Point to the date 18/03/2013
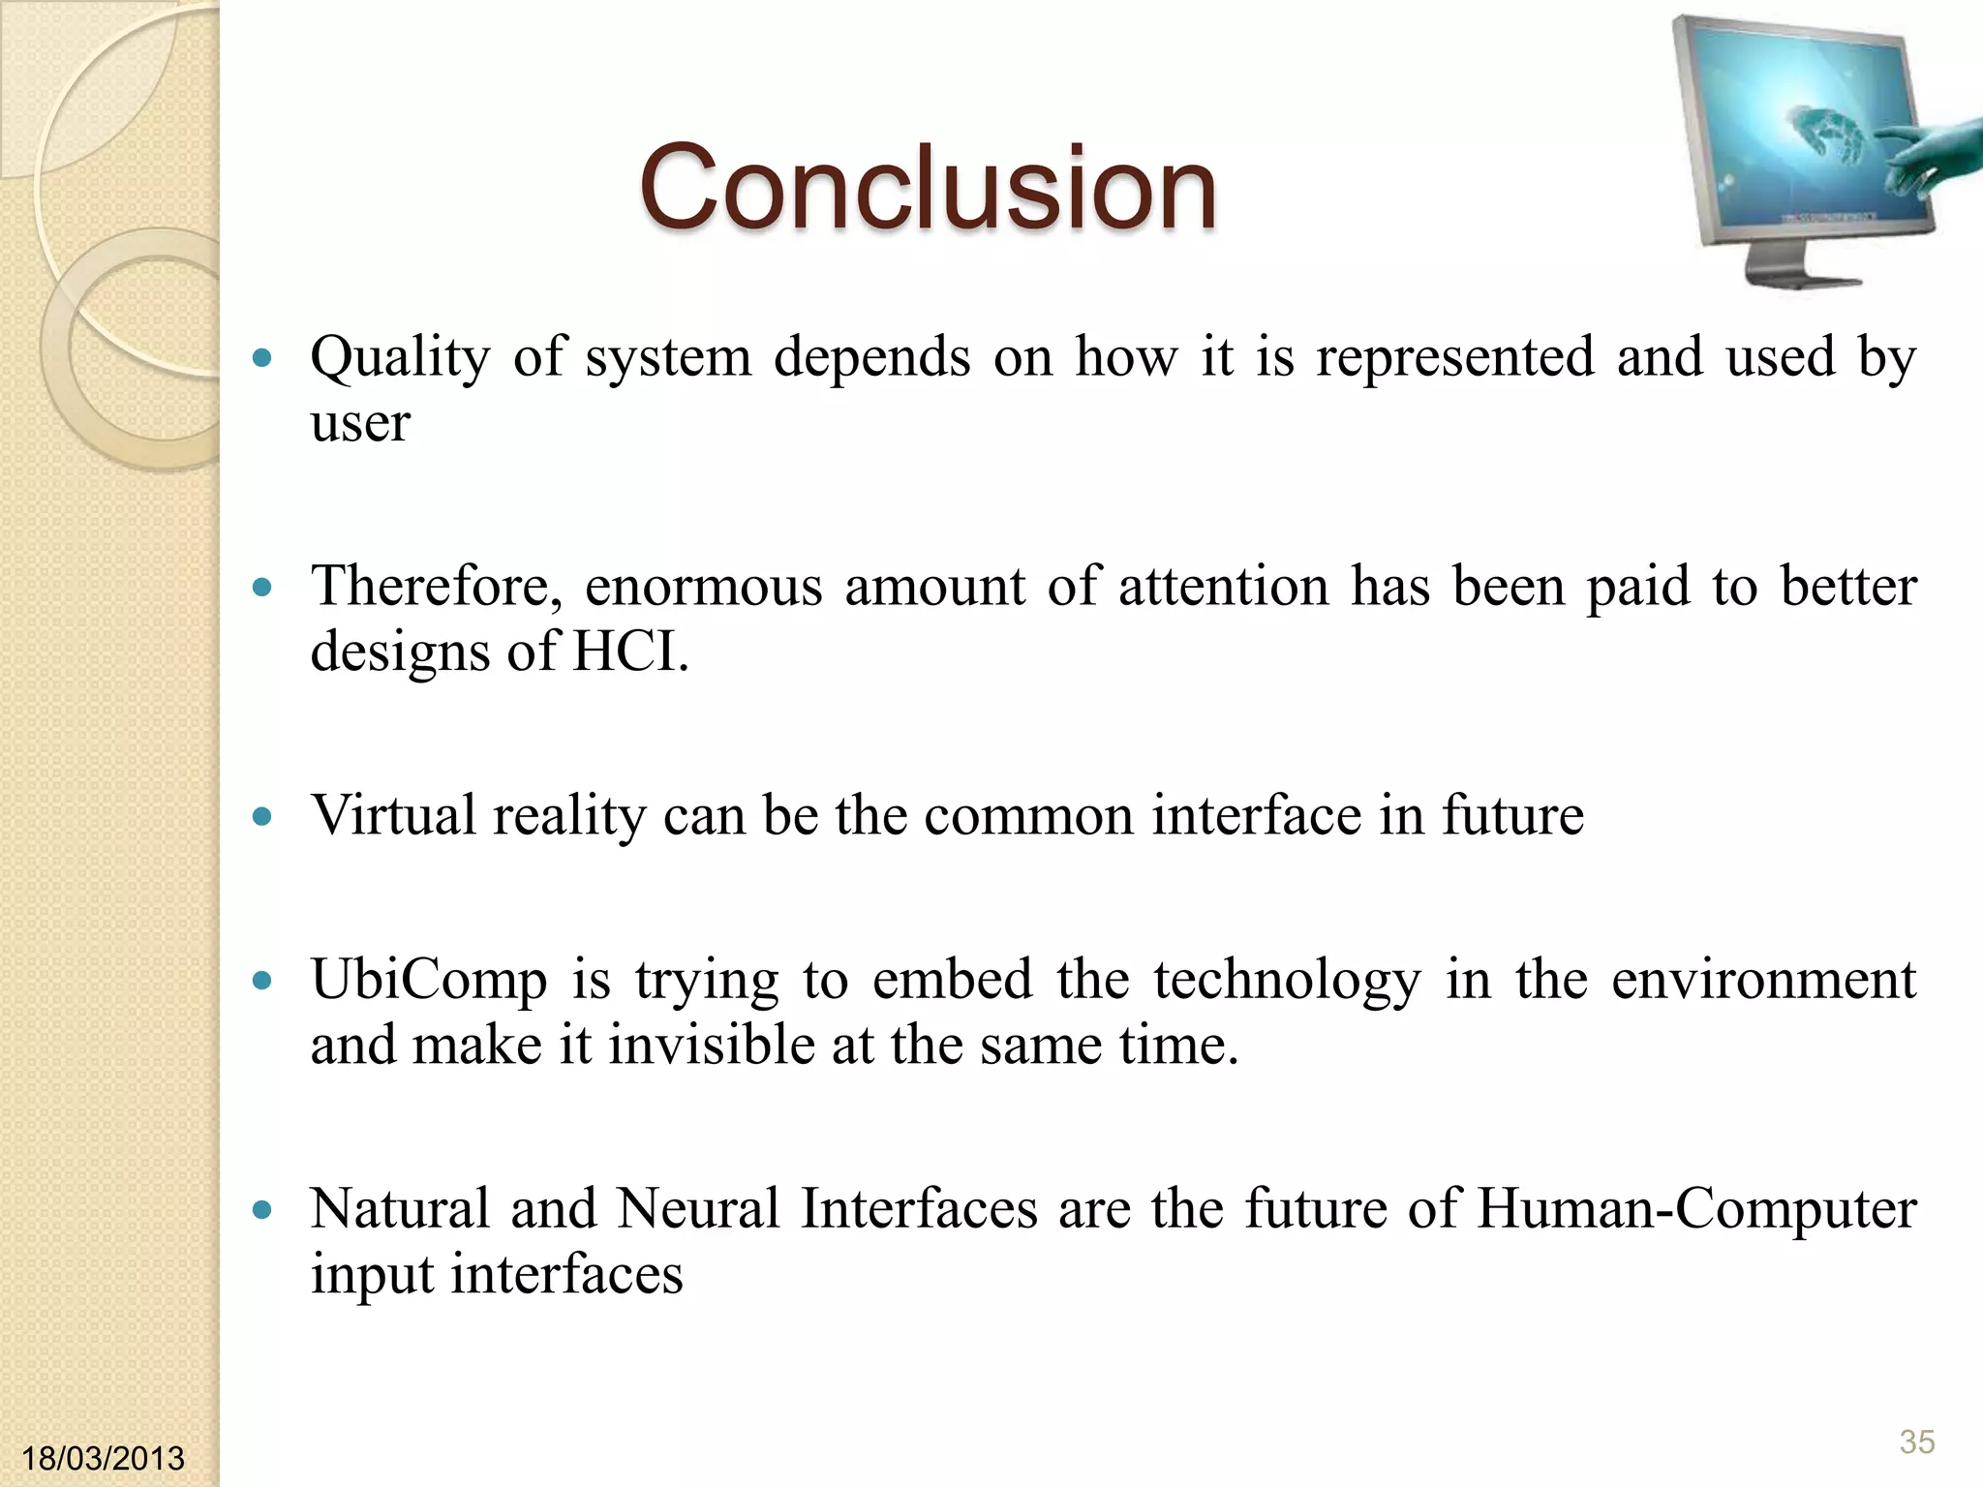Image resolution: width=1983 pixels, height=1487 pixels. pos(103,1458)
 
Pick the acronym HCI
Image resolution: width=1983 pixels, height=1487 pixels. pos(629,652)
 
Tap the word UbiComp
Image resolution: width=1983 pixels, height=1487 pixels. pos(429,981)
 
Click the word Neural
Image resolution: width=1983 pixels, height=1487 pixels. pos(698,1209)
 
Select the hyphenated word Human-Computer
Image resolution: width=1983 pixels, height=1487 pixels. pos(1695,1209)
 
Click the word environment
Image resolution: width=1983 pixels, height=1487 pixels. pos(1763,980)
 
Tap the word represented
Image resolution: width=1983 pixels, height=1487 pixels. pos(1454,357)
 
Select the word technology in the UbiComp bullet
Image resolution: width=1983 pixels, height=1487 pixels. pos(1287,981)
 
